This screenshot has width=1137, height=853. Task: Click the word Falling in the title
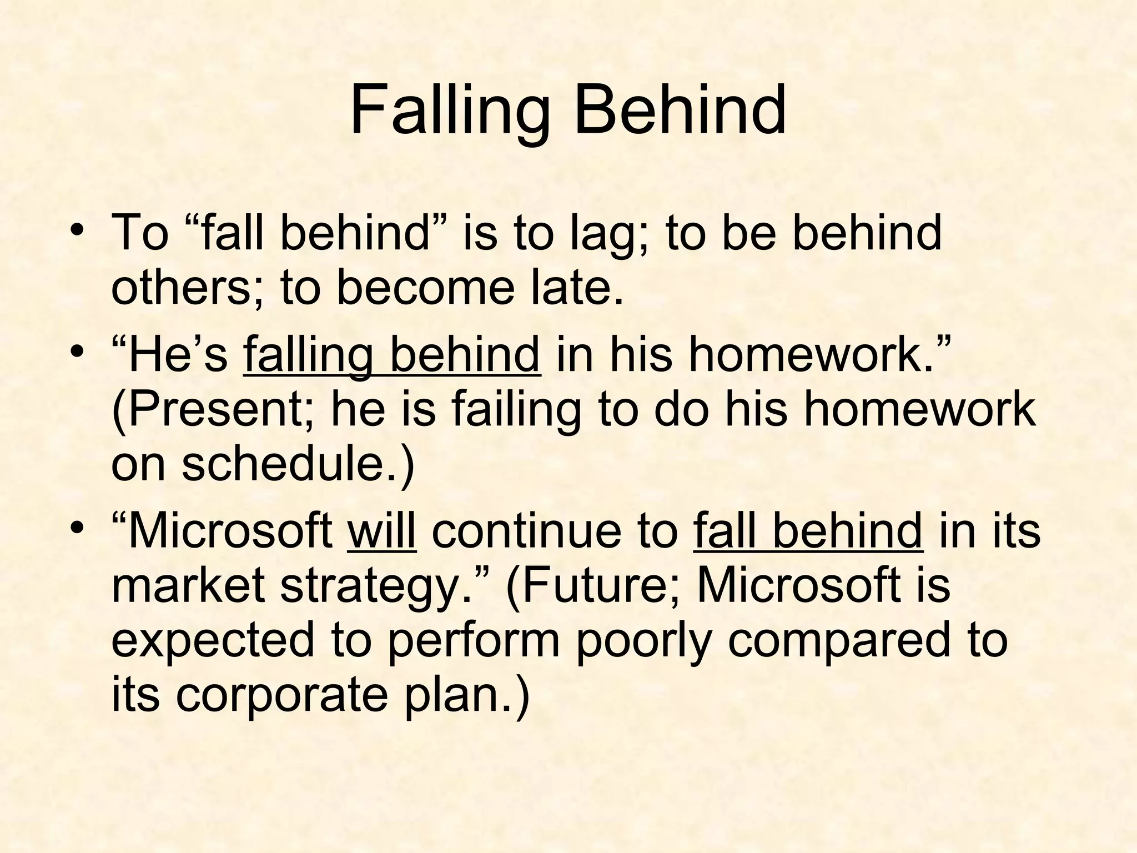click(x=450, y=111)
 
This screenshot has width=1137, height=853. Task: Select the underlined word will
click(x=381, y=531)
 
